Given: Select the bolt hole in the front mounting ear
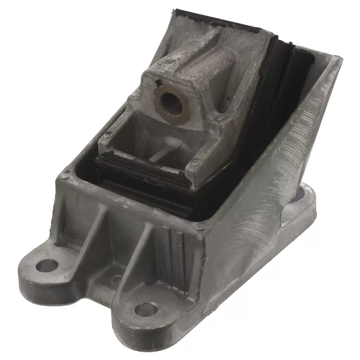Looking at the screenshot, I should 146,309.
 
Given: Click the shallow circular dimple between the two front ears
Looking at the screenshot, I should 116,279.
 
